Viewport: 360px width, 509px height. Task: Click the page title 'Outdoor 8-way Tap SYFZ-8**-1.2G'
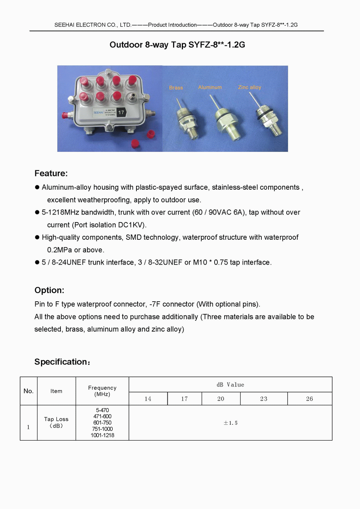point(177,45)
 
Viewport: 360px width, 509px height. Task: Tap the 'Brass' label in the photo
point(176,88)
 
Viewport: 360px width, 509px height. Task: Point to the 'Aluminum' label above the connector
point(210,87)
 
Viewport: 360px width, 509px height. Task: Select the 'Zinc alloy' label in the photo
point(249,87)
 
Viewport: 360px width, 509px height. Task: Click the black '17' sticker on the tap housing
point(121,113)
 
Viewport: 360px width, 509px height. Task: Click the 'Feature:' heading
point(51,174)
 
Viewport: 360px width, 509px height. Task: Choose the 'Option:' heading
point(49,290)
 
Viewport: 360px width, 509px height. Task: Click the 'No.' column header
point(28,391)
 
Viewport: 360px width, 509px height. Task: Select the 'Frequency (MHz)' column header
point(102,391)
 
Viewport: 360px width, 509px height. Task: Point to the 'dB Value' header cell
point(230,385)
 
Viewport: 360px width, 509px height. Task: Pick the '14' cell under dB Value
point(148,399)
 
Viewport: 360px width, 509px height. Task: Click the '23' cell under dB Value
point(264,399)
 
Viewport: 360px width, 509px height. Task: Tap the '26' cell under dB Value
point(310,399)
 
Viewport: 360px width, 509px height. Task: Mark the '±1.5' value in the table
point(230,423)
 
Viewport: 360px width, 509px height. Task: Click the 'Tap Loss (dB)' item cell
point(56,423)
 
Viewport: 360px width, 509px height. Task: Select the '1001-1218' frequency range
point(102,436)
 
